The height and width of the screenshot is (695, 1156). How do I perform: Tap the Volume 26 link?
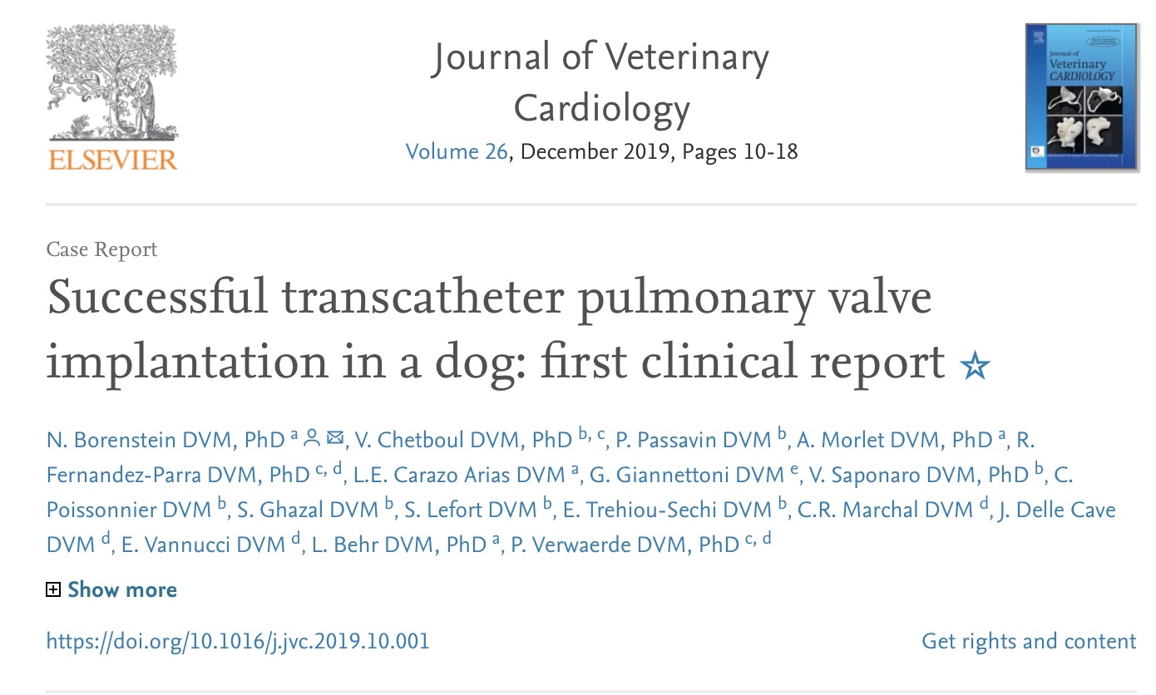tap(456, 152)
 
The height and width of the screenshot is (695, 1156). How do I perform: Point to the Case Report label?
tap(101, 249)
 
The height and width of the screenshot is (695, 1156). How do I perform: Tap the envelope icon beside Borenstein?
tap(336, 438)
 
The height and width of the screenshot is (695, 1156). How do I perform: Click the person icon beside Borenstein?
tap(312, 438)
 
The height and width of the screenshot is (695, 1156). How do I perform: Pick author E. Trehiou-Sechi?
tap(640, 510)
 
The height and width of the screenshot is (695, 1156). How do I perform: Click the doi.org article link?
tap(238, 642)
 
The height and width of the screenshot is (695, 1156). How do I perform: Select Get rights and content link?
tap(1029, 642)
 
